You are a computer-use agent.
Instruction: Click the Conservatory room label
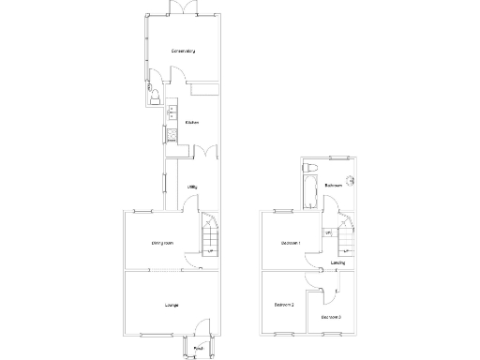tap(182, 51)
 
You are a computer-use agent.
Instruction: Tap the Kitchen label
tap(191, 123)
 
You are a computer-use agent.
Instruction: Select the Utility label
tap(191, 187)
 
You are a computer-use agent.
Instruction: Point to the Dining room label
tap(161, 244)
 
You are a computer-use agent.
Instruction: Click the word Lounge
tap(171, 306)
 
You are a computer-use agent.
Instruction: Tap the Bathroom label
tap(332, 186)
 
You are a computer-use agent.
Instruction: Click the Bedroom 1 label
tap(290, 244)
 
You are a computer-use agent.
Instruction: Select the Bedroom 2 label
tap(284, 306)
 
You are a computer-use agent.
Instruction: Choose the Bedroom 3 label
tap(331, 317)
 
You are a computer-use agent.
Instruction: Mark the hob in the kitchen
tap(172, 136)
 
